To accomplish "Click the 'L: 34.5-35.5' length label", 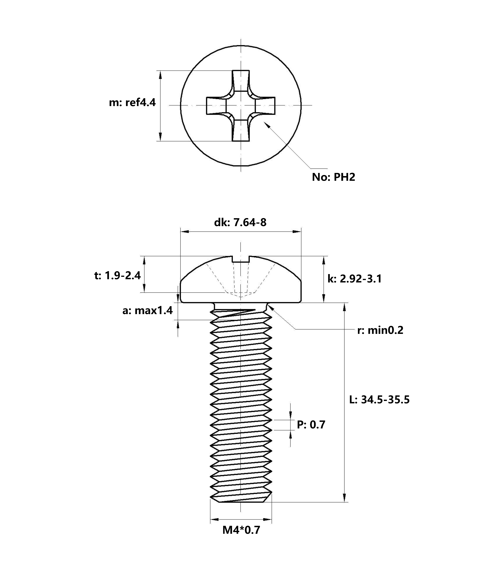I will coord(379,400).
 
